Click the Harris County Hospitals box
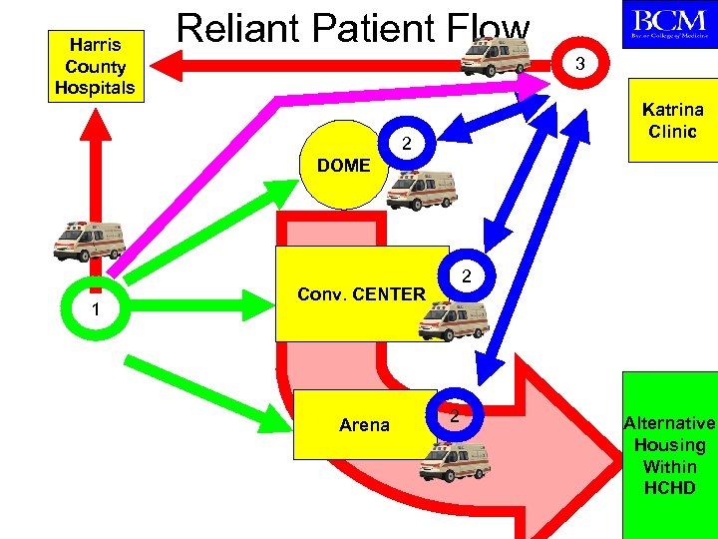click(x=96, y=66)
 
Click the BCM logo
click(x=667, y=24)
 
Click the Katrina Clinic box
click(x=672, y=121)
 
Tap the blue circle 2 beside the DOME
click(x=407, y=146)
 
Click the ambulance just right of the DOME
click(x=424, y=189)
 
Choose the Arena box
click(x=364, y=424)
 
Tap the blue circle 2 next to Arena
click(x=454, y=413)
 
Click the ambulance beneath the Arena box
click(x=454, y=461)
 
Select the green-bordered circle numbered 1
click(x=94, y=309)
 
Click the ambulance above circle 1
click(x=91, y=240)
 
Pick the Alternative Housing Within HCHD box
click(x=669, y=455)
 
